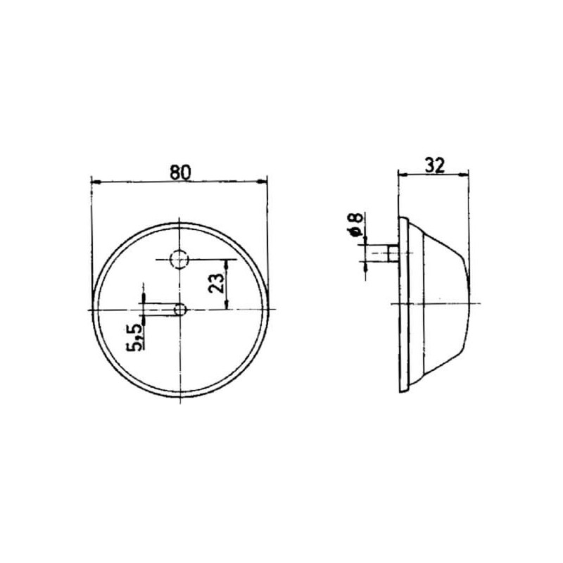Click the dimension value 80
(181, 172)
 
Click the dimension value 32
(435, 165)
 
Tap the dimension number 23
(216, 283)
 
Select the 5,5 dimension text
(135, 337)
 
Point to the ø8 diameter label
(355, 224)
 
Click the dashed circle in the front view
(179, 259)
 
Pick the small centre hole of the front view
(180, 309)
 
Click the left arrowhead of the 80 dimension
(96, 182)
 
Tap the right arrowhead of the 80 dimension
(262, 182)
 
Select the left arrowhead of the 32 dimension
(403, 175)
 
